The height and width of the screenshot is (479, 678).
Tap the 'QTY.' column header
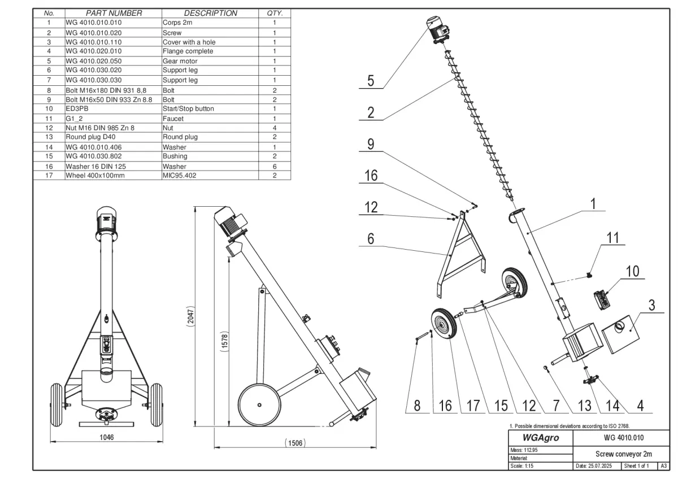click(x=275, y=13)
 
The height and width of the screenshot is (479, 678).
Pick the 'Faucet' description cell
click(x=173, y=119)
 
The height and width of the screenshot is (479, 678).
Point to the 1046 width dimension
click(x=107, y=437)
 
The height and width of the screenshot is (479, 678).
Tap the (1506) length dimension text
click(x=294, y=443)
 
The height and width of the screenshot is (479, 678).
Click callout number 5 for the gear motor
click(x=370, y=80)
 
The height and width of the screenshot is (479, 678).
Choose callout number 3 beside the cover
click(x=651, y=306)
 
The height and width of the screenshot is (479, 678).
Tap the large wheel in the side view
click(x=259, y=404)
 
